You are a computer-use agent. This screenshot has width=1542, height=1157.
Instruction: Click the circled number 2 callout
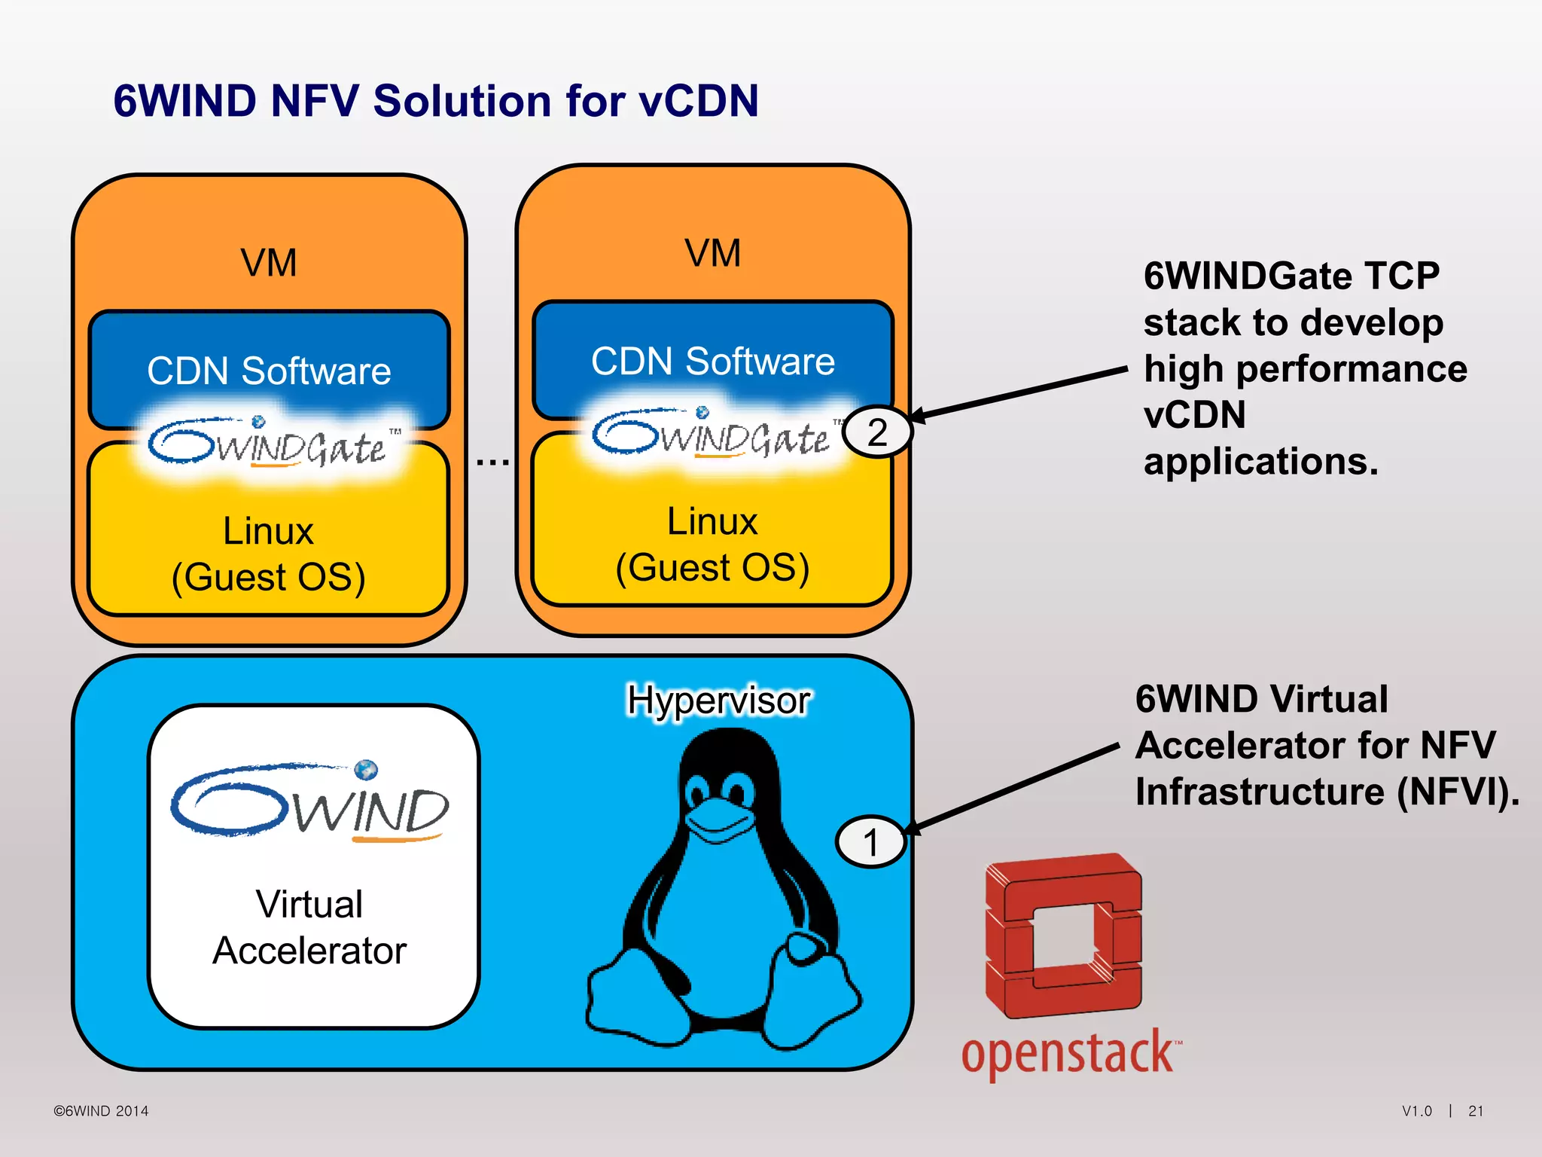(877, 432)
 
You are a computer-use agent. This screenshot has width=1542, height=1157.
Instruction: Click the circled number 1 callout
(871, 842)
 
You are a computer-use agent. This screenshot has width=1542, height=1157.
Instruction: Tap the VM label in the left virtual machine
(269, 263)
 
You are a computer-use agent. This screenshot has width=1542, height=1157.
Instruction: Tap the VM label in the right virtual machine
(712, 253)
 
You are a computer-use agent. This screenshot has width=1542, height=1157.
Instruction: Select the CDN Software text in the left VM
(269, 371)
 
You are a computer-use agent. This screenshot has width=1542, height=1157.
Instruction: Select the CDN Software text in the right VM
(712, 361)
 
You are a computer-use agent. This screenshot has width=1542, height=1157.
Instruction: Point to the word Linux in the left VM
(268, 530)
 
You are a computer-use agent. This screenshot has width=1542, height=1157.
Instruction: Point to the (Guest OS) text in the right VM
(712, 567)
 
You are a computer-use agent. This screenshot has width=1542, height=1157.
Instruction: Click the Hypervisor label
(718, 700)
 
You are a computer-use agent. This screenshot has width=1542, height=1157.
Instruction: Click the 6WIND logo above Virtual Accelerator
(310, 802)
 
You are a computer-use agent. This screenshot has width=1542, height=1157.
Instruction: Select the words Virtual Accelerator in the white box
(309, 927)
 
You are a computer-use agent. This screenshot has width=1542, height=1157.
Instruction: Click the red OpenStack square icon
(1063, 934)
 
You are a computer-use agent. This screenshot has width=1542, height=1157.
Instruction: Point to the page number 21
(1476, 1111)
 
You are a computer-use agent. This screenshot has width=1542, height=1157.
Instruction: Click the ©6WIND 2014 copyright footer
(101, 1111)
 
